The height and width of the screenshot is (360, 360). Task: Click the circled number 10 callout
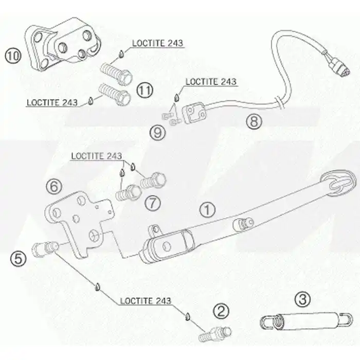(x=13, y=56)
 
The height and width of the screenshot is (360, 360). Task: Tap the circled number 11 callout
(x=145, y=90)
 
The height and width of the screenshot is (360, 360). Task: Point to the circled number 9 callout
(x=158, y=133)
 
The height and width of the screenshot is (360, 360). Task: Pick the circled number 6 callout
(x=54, y=186)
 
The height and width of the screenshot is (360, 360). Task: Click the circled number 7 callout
(x=153, y=203)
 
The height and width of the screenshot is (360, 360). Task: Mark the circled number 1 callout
(x=207, y=210)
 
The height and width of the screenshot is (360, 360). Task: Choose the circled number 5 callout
(x=18, y=259)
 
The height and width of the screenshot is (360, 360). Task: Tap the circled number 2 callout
(x=221, y=311)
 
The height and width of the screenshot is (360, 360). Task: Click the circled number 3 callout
(x=302, y=299)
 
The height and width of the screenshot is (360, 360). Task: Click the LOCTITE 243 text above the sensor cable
(x=211, y=82)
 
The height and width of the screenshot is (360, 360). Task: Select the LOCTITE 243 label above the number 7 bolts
(x=97, y=156)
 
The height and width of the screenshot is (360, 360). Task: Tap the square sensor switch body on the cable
(x=194, y=113)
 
